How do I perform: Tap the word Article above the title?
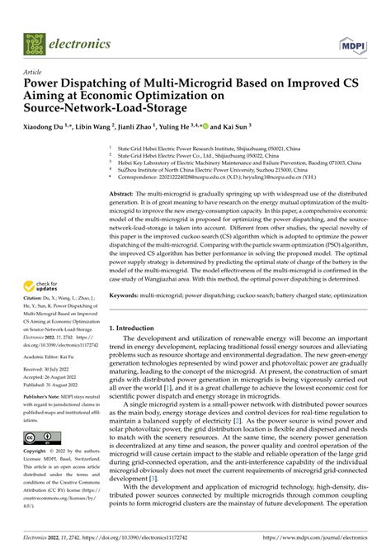pyautogui.click(x=37, y=72)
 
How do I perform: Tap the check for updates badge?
pyautogui.click(x=40, y=285)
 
